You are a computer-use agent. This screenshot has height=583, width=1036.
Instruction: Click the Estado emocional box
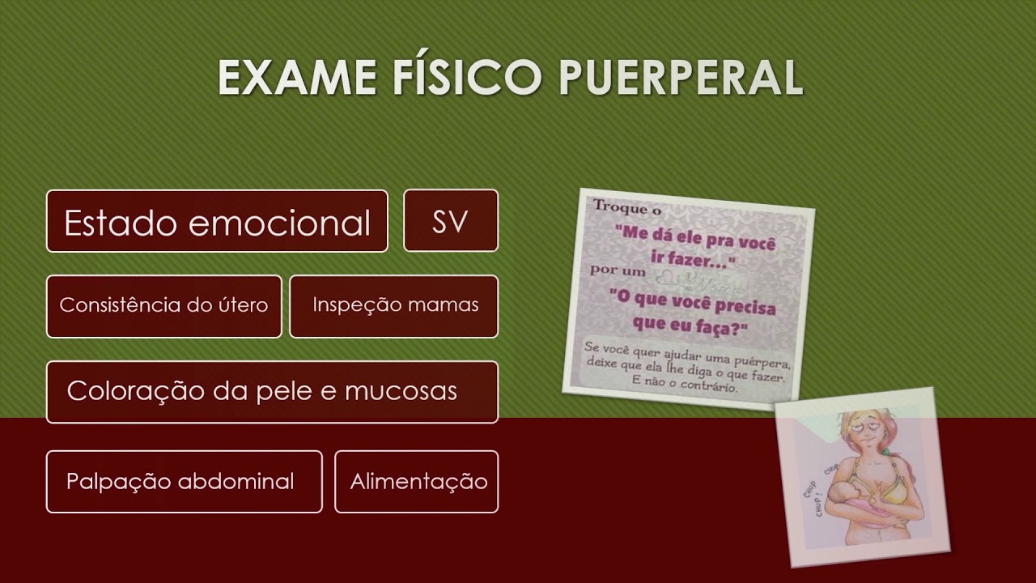(x=217, y=221)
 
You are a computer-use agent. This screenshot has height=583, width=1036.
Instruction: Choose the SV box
(x=450, y=221)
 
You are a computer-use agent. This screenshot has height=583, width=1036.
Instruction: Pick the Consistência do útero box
(x=163, y=306)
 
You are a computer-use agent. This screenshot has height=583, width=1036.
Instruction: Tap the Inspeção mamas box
(x=394, y=306)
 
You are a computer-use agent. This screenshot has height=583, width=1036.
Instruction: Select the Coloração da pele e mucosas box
(x=272, y=392)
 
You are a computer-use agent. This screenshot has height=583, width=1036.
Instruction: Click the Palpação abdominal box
(x=184, y=482)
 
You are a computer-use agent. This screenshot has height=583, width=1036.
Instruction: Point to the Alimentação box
(x=417, y=482)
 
